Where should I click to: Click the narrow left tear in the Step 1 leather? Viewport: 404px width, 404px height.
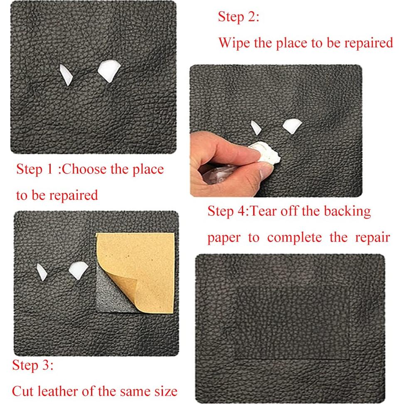coord(65,74)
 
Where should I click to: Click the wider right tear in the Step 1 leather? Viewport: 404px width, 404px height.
coord(109,71)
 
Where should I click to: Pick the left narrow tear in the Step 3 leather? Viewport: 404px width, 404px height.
coord(42,272)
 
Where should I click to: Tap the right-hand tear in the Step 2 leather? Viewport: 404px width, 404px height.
coord(292,126)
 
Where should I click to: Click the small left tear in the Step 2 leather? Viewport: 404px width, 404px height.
coord(255,128)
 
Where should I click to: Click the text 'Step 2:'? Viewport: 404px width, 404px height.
coord(238,17)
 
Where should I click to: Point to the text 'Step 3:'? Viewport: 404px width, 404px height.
coord(33,365)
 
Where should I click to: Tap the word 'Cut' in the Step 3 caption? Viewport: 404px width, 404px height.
coord(23,391)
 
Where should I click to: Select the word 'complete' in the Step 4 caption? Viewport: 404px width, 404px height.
coord(294,238)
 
